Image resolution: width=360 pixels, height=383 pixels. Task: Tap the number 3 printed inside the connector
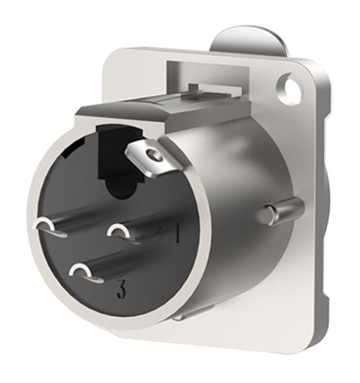tap(122, 292)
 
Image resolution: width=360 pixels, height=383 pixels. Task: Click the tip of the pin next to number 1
tap(117, 231)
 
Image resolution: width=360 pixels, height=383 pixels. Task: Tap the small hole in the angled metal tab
tap(150, 156)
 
